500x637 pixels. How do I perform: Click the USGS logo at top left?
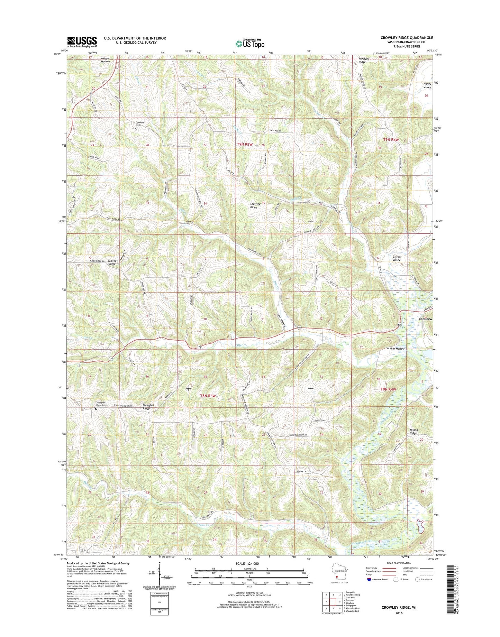(x=82, y=42)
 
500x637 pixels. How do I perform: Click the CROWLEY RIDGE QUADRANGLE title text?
(x=407, y=38)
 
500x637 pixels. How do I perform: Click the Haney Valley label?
(x=427, y=85)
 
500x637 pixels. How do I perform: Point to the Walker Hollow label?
(x=396, y=349)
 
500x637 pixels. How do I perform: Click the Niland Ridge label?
(x=414, y=431)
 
